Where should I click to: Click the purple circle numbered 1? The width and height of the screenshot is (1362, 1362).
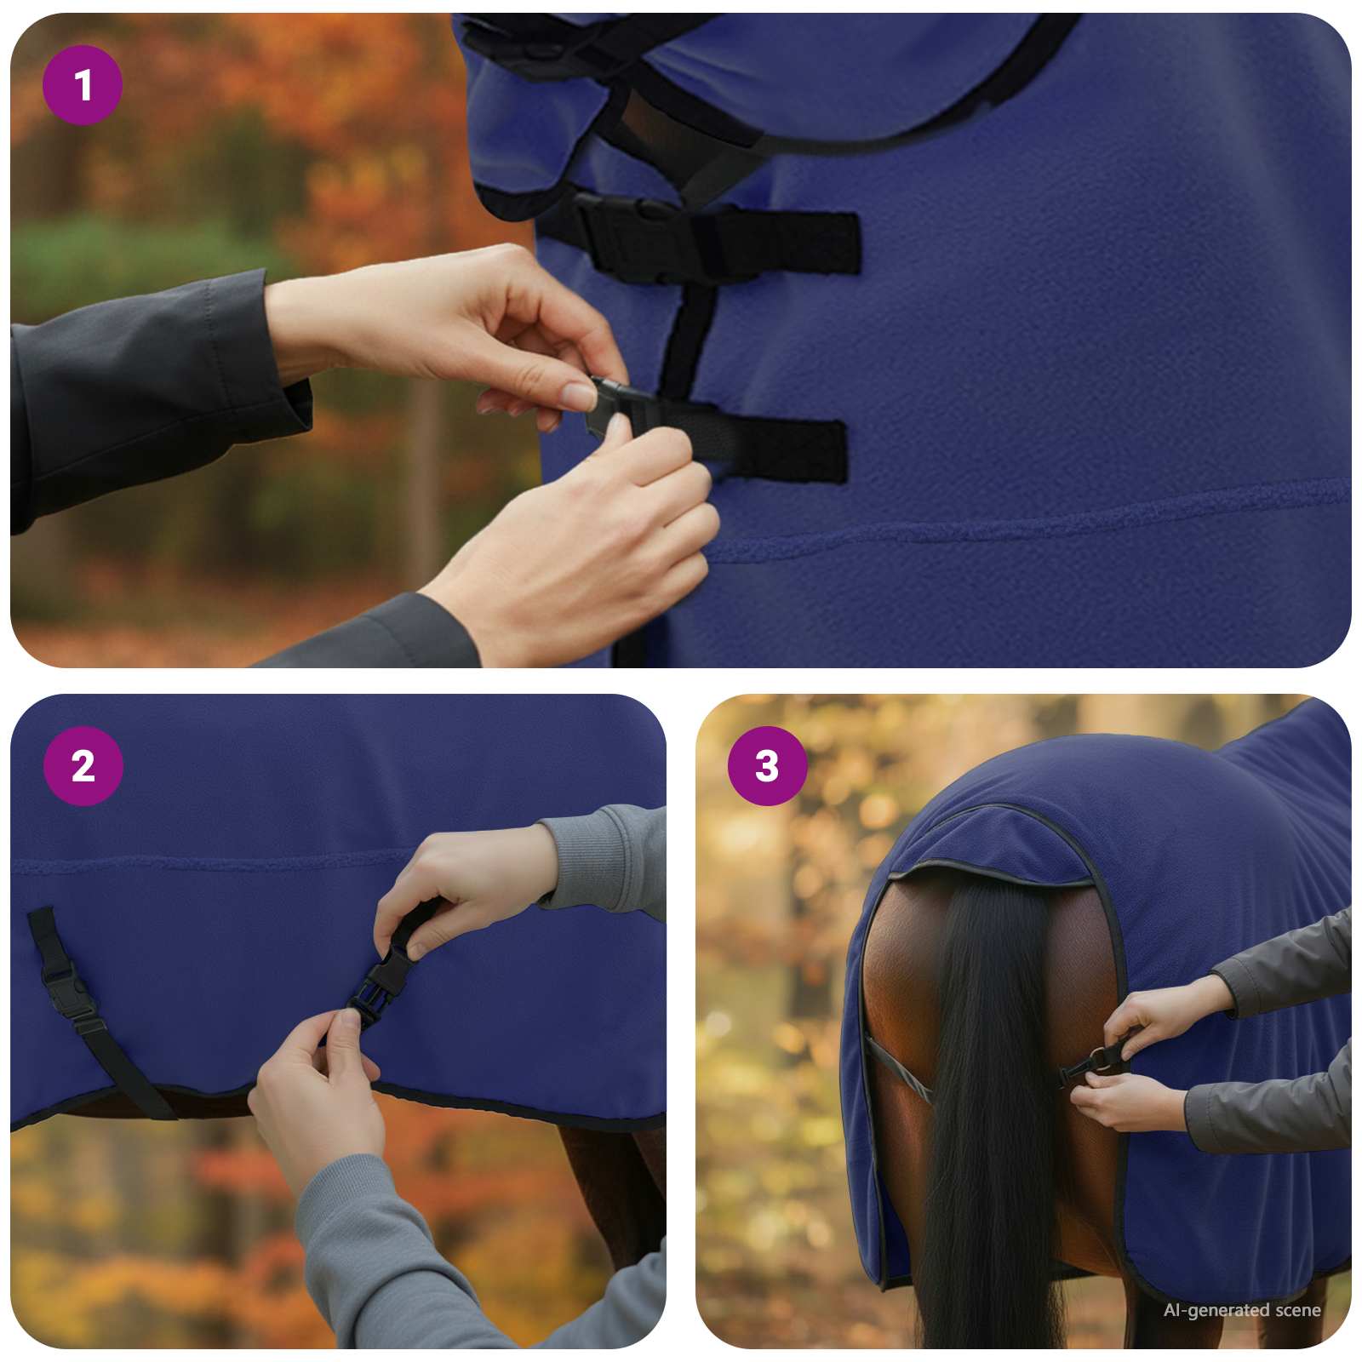click(83, 85)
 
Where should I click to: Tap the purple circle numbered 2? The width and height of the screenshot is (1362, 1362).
click(83, 766)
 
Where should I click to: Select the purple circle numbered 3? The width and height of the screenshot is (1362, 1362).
click(767, 766)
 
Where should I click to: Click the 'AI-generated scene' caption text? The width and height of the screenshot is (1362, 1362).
click(1242, 1310)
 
